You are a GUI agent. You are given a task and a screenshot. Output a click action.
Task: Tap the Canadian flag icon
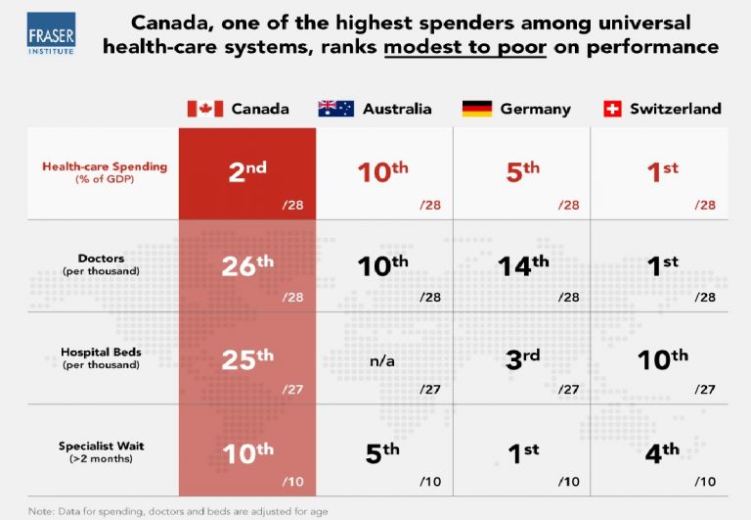[205, 109]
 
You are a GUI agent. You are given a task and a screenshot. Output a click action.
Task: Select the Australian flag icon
[336, 109]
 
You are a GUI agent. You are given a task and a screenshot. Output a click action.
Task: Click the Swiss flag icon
[613, 109]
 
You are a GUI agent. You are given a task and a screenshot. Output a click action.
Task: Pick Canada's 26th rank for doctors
[246, 266]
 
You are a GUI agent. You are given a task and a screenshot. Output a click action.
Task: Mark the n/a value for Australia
[383, 360]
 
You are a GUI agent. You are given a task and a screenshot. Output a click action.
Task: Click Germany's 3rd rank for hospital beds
[521, 358]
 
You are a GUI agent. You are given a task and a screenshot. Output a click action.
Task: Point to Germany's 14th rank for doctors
[521, 266]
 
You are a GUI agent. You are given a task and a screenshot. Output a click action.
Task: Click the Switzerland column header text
[676, 109]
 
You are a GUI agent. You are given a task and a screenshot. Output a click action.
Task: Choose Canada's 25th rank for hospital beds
[246, 358]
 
